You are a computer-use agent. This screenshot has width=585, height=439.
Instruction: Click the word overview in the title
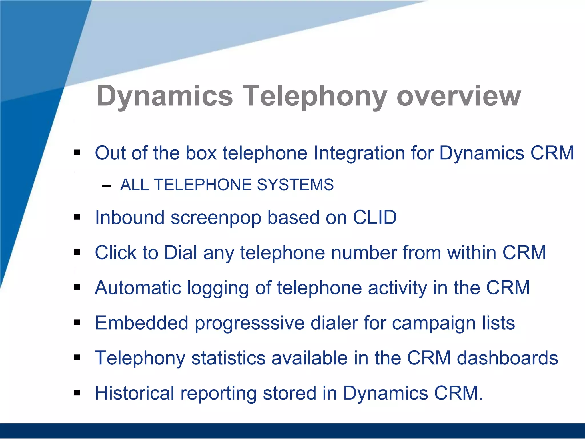459,97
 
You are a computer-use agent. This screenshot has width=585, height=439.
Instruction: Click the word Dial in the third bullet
181,253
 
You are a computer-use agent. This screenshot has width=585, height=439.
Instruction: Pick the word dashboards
507,358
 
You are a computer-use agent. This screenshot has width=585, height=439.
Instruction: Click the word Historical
135,393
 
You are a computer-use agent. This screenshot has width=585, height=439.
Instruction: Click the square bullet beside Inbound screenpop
77,217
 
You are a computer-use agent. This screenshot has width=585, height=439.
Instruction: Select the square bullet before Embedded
77,323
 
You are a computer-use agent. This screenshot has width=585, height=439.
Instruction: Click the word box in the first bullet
201,153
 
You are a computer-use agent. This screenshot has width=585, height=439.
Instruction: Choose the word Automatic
138,288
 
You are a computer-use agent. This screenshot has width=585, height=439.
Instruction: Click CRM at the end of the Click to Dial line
524,253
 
